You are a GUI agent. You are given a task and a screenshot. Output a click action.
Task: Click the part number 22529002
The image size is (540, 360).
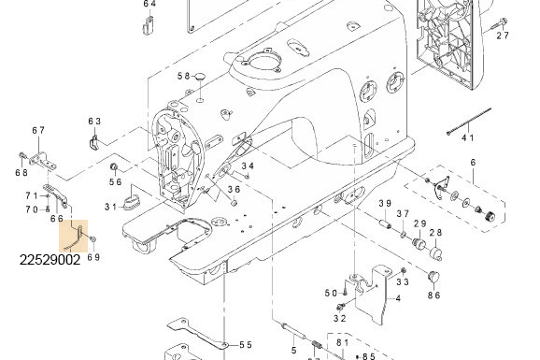pos(50,260)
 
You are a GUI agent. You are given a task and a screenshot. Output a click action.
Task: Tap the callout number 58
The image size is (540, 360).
pos(183,76)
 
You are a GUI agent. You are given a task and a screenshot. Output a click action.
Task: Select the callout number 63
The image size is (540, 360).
pos(94,122)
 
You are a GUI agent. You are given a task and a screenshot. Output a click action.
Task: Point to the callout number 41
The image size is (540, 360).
pos(468,138)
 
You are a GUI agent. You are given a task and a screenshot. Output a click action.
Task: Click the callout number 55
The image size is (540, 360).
pos(246,345)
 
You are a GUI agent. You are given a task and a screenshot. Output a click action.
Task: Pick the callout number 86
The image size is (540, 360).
pos(433,295)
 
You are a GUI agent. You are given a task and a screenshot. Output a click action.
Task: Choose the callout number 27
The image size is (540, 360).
pos(503,36)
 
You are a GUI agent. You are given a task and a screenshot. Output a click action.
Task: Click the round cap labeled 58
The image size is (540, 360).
pos(199,76)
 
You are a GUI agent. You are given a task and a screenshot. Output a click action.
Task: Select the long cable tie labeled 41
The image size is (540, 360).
pos(469,122)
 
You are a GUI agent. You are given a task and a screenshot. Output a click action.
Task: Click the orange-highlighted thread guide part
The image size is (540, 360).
pos(76,238)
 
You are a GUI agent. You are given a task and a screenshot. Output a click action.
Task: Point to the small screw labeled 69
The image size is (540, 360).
pos(93,238)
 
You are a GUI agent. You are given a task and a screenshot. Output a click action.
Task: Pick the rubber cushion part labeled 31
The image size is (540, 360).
pos(131,202)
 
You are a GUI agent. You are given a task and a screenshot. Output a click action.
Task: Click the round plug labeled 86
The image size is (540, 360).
pos(433,276)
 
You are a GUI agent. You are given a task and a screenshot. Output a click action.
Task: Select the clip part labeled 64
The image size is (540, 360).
pos(149,25)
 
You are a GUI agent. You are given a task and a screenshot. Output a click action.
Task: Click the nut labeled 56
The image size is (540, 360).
pos(114,167)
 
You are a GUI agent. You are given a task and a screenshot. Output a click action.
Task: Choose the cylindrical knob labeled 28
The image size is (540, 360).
pos(436,253)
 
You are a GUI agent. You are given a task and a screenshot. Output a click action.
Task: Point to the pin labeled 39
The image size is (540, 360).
pos(385,223)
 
